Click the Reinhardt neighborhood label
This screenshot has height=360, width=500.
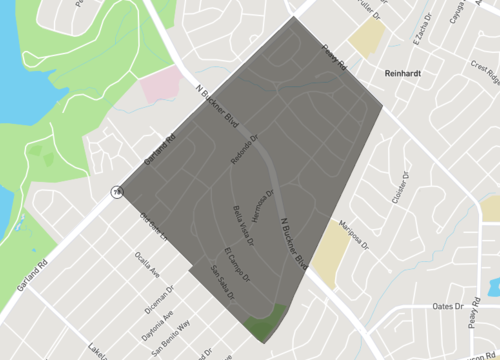[406, 73]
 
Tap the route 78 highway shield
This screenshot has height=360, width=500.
[118, 191]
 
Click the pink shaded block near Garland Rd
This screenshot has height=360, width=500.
[158, 85]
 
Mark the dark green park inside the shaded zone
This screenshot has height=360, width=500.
[265, 323]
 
